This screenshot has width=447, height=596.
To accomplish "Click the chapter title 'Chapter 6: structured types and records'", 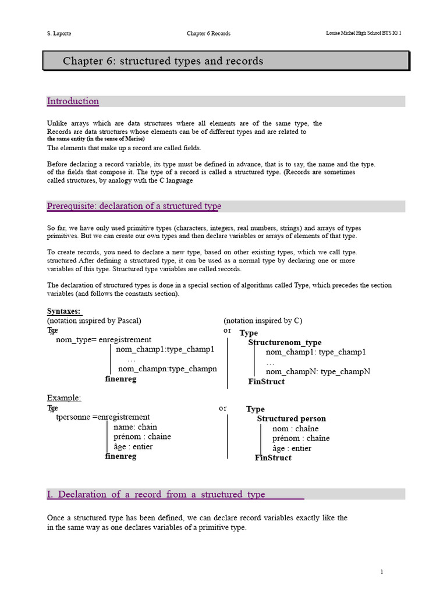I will [163, 61].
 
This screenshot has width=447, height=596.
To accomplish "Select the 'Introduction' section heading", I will [73, 101].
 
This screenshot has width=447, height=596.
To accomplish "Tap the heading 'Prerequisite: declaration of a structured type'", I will [134, 207].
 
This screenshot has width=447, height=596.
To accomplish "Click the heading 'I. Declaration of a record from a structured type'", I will [156, 494].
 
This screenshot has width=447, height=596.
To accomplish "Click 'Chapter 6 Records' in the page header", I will [208, 33].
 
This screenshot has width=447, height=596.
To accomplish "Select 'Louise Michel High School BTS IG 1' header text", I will [363, 33].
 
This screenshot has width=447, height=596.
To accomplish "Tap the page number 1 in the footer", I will [381, 572].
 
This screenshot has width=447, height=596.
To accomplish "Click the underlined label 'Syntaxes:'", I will [64, 311].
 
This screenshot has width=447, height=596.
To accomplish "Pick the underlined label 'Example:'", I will [64, 398].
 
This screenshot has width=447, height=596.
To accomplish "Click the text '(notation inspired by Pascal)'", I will [94, 321].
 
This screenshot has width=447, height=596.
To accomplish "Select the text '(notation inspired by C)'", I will [263, 321].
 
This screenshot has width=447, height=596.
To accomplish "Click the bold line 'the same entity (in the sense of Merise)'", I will [96, 139].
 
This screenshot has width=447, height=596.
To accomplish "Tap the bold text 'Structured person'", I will [292, 419].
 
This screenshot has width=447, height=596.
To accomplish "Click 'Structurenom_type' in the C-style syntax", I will [285, 343].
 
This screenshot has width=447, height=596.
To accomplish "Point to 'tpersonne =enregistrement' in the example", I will [103, 417].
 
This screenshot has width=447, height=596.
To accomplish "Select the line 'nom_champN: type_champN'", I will [318, 372].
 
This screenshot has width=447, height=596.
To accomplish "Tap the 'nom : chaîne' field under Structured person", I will [300, 429].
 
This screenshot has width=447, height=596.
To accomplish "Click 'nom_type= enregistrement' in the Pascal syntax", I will [104, 340].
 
